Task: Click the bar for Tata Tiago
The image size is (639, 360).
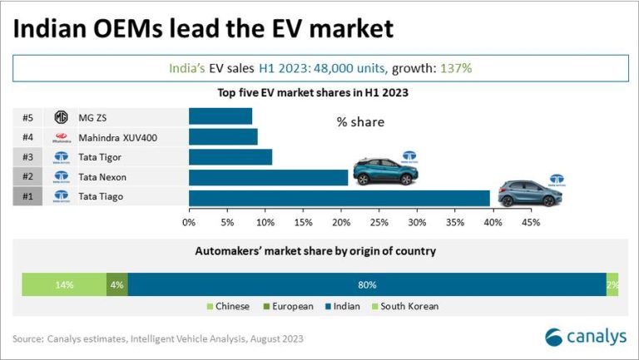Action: pyautogui.click(x=339, y=197)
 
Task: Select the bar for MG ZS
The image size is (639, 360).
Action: pyautogui.click(x=220, y=116)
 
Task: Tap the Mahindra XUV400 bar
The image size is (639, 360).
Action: pyautogui.click(x=223, y=136)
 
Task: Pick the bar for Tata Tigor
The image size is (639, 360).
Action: pyautogui.click(x=230, y=156)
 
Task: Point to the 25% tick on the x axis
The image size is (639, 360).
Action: pyautogui.click(x=379, y=222)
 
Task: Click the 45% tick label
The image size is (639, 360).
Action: pyautogui.click(x=531, y=222)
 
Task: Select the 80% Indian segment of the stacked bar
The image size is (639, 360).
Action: pyautogui.click(x=367, y=284)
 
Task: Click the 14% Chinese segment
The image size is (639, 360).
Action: pyautogui.click(x=64, y=284)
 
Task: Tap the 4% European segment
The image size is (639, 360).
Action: pyautogui.click(x=117, y=284)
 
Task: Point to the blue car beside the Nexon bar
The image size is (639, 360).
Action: pyautogui.click(x=385, y=171)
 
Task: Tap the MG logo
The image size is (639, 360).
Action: pyautogui.click(x=61, y=116)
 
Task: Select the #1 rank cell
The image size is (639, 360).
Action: pyautogui.click(x=27, y=197)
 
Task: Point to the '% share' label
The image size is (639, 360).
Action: pyautogui.click(x=360, y=122)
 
